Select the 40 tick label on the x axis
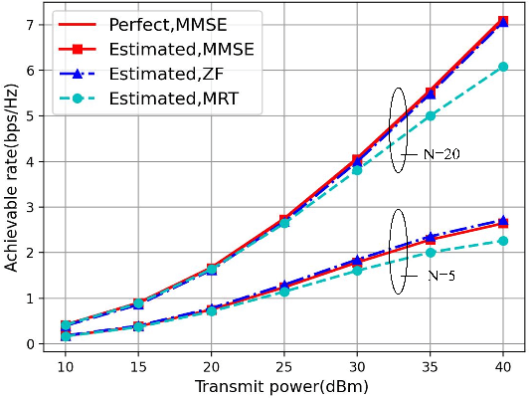click(x=503, y=367)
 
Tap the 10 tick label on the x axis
click(x=62, y=367)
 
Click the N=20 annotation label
click(x=439, y=154)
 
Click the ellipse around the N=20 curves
click(x=398, y=130)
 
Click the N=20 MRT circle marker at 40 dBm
click(x=503, y=67)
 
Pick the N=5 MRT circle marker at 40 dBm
click(x=503, y=241)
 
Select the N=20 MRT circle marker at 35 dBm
click(x=430, y=115)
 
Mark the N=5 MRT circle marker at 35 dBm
click(x=430, y=253)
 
